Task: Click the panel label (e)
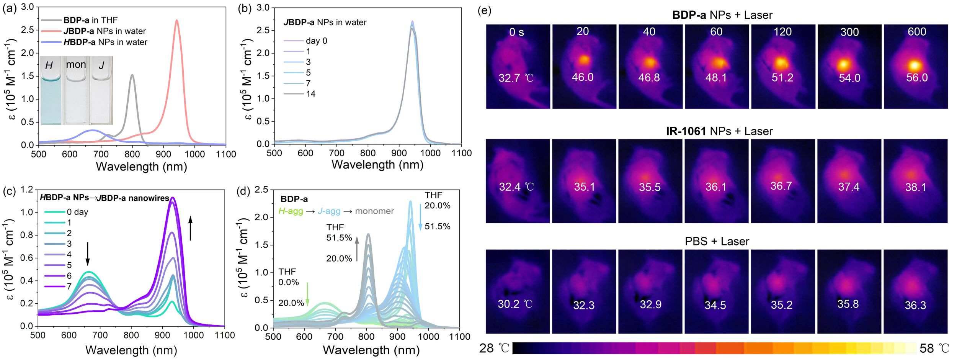point(484,10)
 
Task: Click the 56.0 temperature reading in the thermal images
point(917,78)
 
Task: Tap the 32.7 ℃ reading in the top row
point(516,78)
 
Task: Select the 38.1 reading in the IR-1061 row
point(915,187)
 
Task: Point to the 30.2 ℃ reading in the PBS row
point(515,304)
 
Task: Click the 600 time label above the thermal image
point(917,32)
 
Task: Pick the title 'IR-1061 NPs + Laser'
point(719,131)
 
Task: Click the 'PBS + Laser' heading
point(717,242)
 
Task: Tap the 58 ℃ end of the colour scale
point(934,349)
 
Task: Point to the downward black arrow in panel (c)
point(88,254)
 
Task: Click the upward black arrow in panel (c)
point(190,228)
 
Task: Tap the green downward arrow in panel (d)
point(307,294)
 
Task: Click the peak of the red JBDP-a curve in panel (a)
point(176,20)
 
